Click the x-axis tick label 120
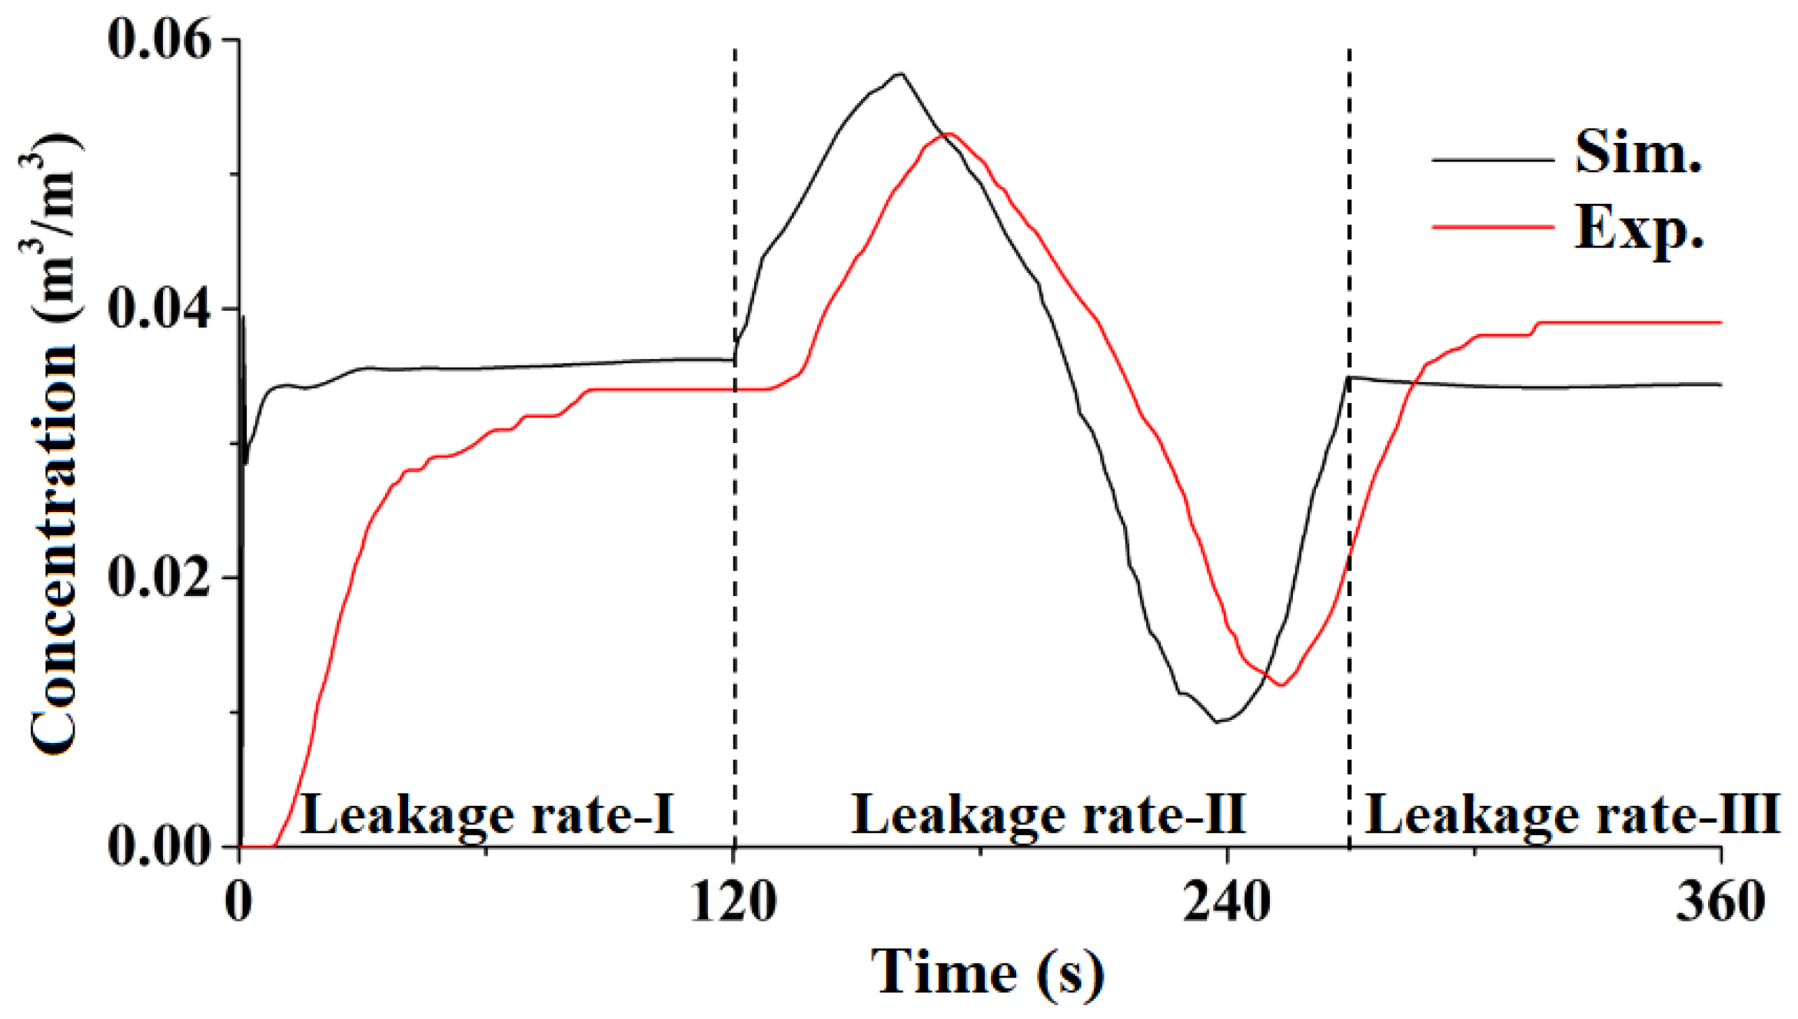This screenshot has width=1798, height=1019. point(733,902)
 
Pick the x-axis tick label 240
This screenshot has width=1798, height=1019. point(1227,902)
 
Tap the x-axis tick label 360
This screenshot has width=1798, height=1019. point(1720,902)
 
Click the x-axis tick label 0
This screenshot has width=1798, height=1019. point(239,902)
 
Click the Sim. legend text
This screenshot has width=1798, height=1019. point(1638,152)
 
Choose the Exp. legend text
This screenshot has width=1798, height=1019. point(1638,228)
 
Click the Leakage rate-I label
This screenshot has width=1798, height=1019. point(487,814)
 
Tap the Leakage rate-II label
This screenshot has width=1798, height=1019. point(1049,814)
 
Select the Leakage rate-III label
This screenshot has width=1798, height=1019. point(1572,814)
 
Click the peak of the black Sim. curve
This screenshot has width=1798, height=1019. point(900,74)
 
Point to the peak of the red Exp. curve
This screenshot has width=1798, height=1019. point(949,134)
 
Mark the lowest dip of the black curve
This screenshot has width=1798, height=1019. point(1217,721)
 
